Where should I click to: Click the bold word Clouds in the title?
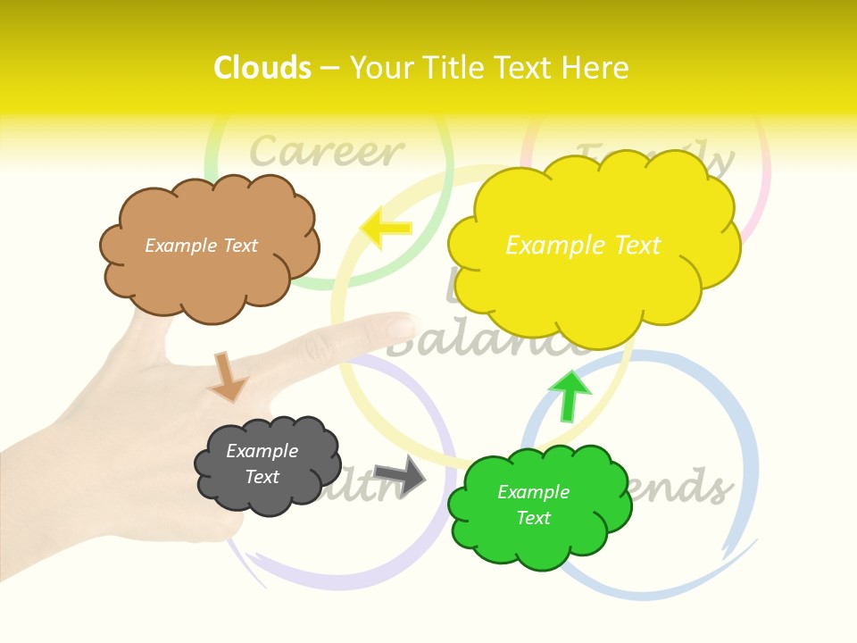tap(262, 68)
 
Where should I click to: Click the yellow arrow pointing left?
tap(386, 228)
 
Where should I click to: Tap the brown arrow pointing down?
tap(228, 377)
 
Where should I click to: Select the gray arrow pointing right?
tap(400, 475)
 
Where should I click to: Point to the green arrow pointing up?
tap(568, 396)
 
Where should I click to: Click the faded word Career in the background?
tap(326, 152)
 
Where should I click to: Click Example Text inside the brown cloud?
tap(201, 246)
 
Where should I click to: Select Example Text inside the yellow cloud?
tap(583, 246)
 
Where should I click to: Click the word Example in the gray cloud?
tap(262, 451)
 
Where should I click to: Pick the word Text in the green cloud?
tap(533, 518)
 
